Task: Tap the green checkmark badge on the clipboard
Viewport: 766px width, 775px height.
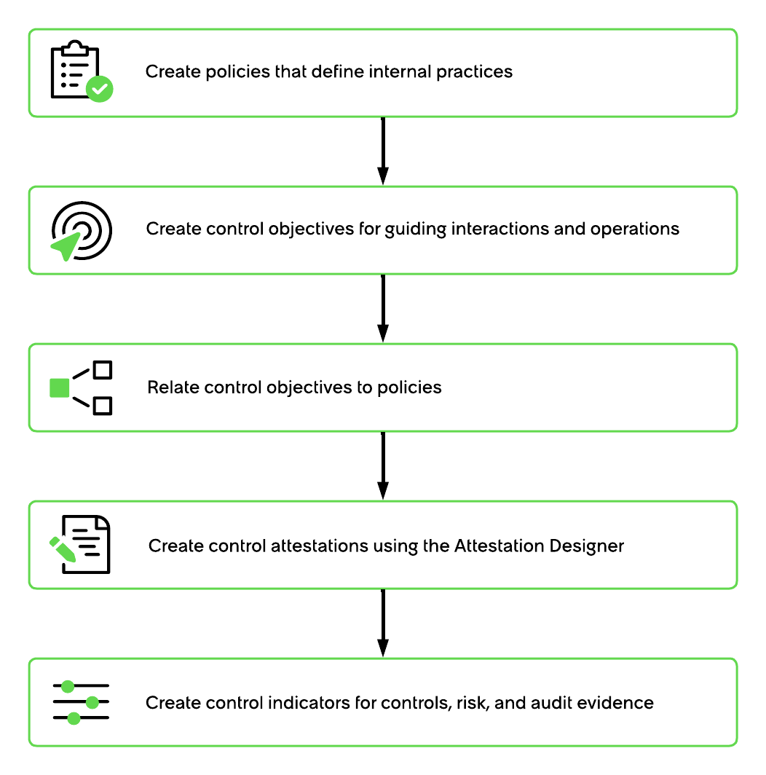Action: pos(99,89)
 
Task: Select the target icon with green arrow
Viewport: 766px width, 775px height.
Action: pos(82,231)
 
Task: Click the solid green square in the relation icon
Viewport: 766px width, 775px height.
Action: pos(59,388)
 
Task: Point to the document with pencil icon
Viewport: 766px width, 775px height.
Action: pos(80,544)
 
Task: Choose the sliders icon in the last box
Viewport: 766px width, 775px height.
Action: pos(81,702)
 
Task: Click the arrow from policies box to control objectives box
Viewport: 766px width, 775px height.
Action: pos(383,152)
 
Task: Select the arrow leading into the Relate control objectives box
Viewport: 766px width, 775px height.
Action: pos(383,308)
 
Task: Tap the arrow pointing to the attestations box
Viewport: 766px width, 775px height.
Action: pos(383,465)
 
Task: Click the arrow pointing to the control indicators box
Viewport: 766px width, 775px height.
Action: pos(383,623)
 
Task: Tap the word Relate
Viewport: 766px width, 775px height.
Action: pos(173,387)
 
